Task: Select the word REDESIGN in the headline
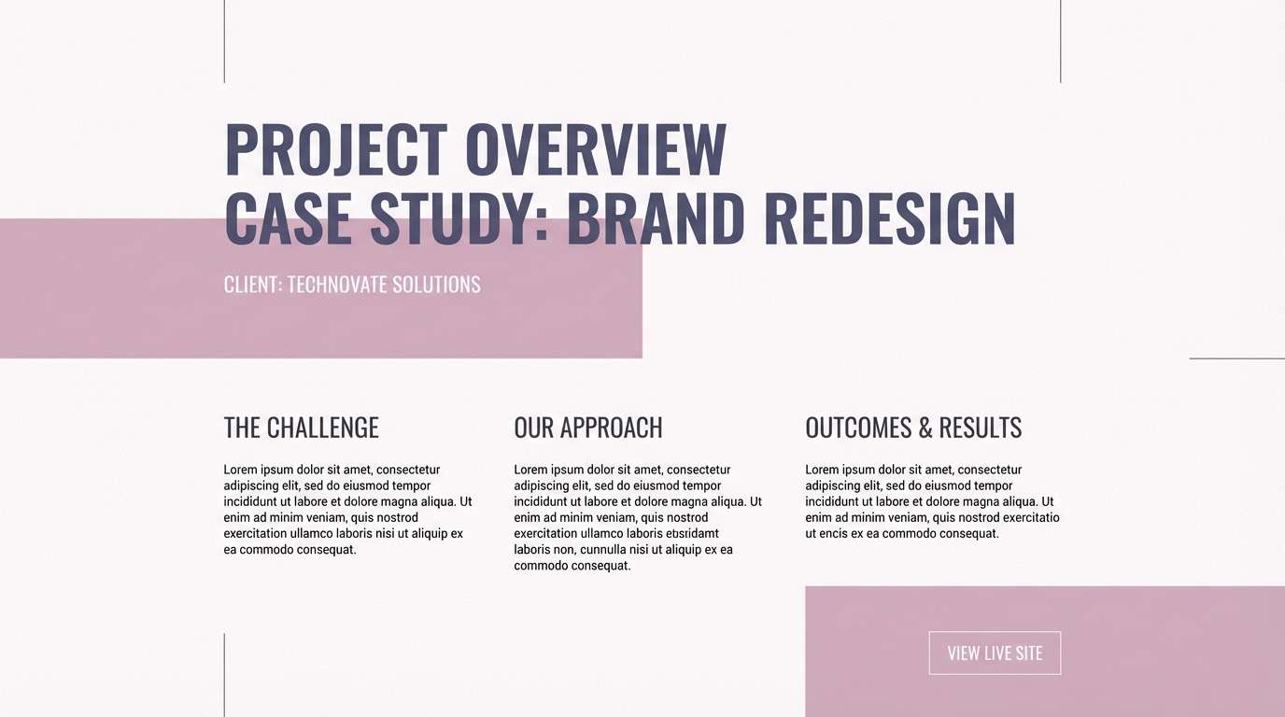pyautogui.click(x=889, y=219)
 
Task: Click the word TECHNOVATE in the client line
pyautogui.click(x=337, y=285)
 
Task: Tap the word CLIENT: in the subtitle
pyautogui.click(x=253, y=285)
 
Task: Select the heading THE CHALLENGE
pyautogui.click(x=301, y=429)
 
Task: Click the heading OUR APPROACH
pyautogui.click(x=588, y=429)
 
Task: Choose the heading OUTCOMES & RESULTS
pyautogui.click(x=913, y=429)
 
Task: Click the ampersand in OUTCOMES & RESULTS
pyautogui.click(x=925, y=429)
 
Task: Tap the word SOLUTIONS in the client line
pyautogui.click(x=436, y=285)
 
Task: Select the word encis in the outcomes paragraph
pyautogui.click(x=839, y=534)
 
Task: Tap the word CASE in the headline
pyautogui.click(x=289, y=219)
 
